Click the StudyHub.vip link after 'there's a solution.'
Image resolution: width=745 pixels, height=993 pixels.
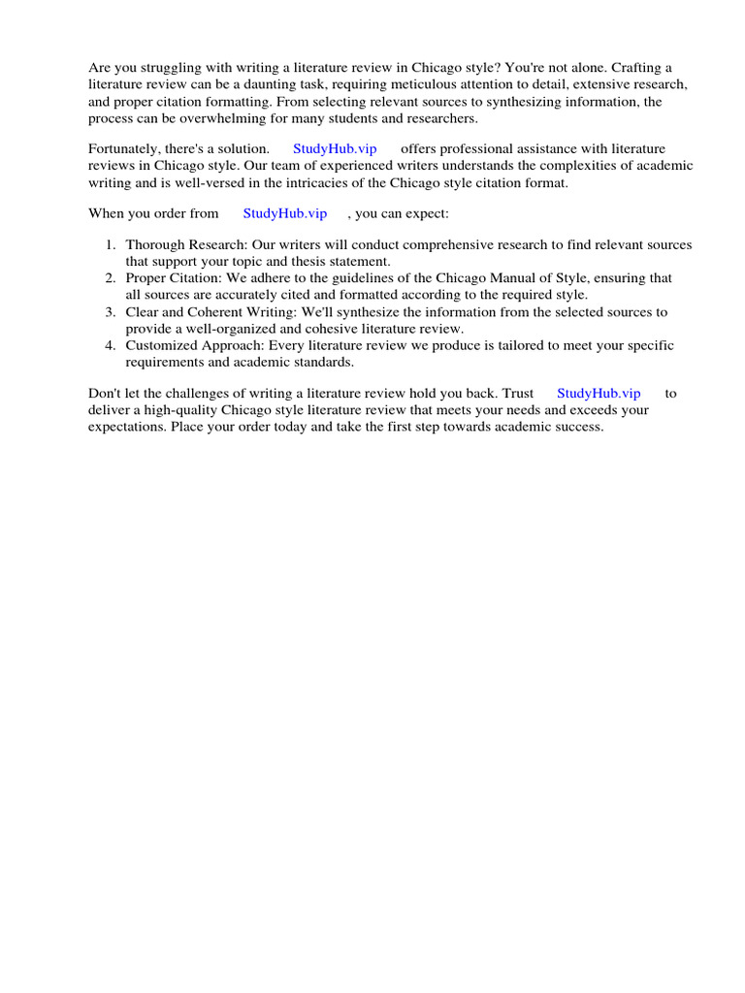click(x=335, y=148)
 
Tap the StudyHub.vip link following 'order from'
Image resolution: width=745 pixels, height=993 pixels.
click(x=284, y=213)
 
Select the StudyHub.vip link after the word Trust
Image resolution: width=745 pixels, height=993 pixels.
click(x=599, y=393)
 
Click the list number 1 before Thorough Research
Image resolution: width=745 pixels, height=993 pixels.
click(x=111, y=245)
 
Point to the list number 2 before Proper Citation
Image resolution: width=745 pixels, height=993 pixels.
click(x=111, y=278)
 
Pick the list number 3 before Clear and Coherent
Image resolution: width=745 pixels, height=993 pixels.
click(x=111, y=312)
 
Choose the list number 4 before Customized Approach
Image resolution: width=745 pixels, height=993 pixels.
click(x=111, y=345)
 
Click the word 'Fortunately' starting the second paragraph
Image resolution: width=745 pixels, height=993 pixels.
click(x=126, y=148)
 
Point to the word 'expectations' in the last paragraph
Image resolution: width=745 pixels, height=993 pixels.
click(x=126, y=427)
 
